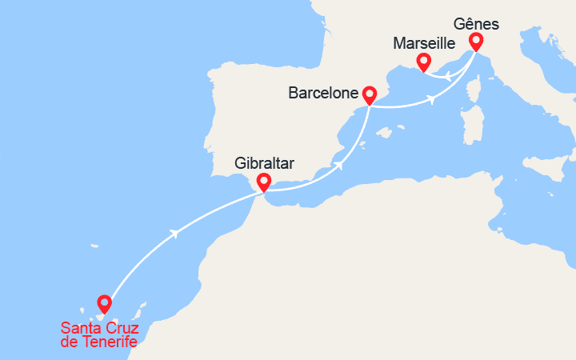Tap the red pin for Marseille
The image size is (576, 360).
pos(425,61)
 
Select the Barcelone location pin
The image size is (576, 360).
pos(370,94)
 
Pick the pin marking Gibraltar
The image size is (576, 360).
pos(263,182)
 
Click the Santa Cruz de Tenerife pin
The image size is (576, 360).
pos(104,303)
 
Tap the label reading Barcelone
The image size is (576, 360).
pos(322,94)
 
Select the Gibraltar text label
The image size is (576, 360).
pos(265,163)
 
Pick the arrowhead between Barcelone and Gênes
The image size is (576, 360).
pos(432,100)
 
